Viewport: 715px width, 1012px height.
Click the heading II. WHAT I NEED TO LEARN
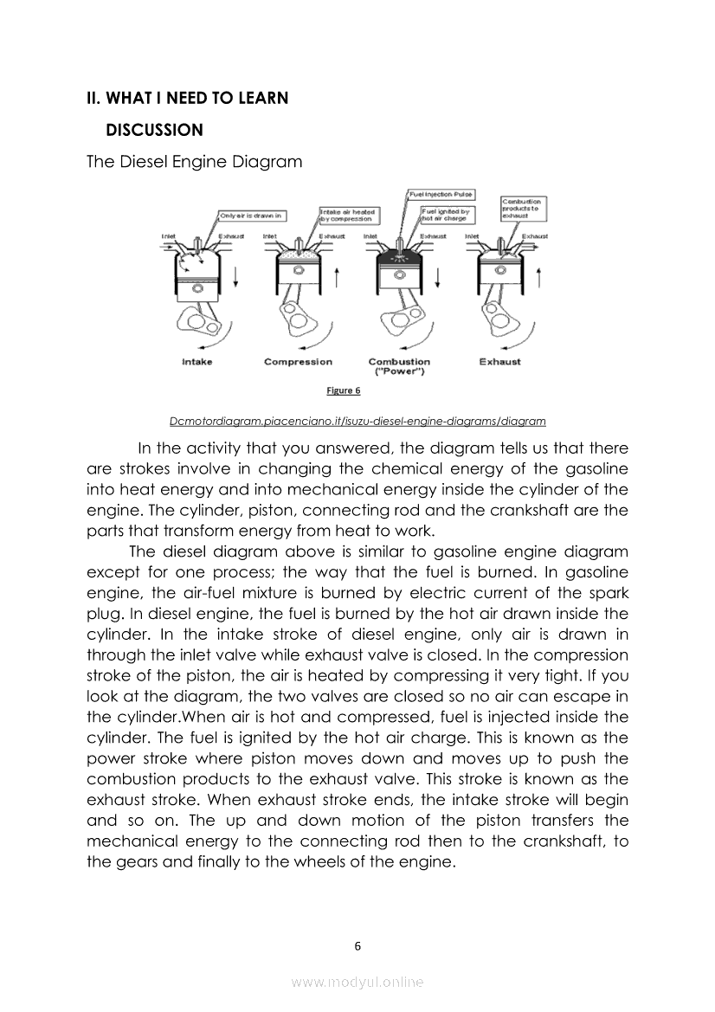(x=187, y=98)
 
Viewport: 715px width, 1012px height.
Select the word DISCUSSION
(x=154, y=130)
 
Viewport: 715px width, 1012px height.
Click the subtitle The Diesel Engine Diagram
(x=194, y=161)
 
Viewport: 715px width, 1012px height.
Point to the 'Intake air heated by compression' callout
(x=348, y=215)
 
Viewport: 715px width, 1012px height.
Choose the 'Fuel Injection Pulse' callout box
(x=441, y=195)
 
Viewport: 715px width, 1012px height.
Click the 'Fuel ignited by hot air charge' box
(x=447, y=215)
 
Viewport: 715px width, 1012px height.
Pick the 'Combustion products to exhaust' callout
(x=522, y=208)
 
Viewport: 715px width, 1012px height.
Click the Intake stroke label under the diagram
(x=196, y=362)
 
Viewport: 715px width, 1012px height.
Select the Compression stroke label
(x=298, y=362)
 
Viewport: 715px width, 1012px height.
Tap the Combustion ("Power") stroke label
(x=399, y=366)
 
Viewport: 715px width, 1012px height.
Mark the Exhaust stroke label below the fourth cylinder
(x=499, y=362)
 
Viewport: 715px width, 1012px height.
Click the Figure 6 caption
(x=343, y=390)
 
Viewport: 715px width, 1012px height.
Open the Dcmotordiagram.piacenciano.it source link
(x=357, y=422)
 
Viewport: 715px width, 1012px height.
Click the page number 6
(x=357, y=945)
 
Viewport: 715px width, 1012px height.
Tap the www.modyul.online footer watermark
(x=357, y=982)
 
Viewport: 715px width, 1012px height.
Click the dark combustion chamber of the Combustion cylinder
(x=399, y=257)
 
